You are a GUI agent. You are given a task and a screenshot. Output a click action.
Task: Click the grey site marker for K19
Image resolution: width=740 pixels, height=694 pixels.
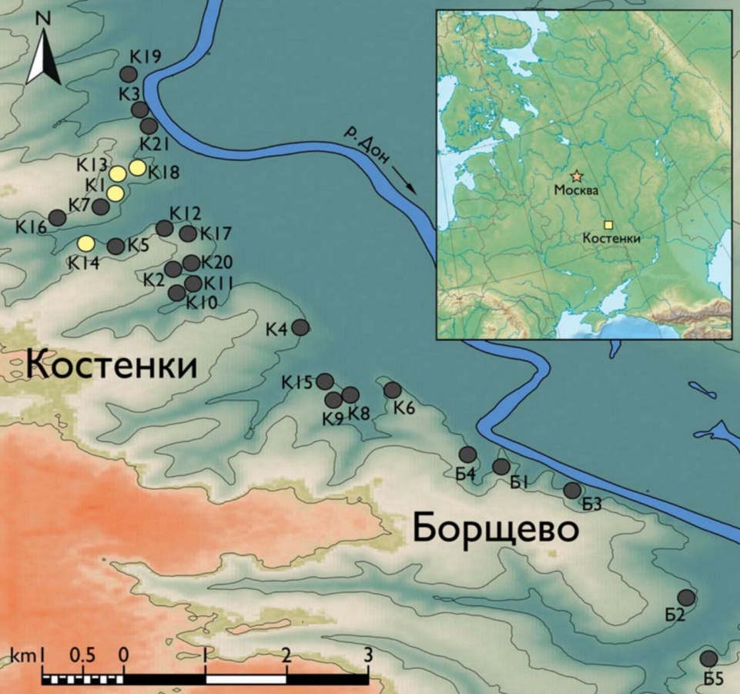[129, 74]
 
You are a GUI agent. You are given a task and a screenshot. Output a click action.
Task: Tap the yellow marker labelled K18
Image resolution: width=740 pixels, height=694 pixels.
[137, 167]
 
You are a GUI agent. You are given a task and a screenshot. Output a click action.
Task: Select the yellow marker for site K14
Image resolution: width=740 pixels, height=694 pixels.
[86, 243]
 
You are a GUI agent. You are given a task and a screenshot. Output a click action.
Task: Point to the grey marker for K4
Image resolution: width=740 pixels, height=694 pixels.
[300, 327]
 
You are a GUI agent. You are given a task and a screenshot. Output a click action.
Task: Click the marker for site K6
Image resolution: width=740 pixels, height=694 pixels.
[392, 390]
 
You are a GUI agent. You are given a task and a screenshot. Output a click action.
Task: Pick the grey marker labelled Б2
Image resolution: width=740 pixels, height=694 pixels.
[686, 598]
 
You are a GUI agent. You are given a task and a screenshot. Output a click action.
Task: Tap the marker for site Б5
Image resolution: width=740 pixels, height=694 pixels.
[708, 659]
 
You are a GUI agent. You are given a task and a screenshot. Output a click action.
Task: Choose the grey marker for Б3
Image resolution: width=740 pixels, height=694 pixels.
[572, 490]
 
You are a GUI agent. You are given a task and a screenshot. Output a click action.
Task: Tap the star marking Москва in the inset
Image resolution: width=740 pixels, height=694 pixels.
[576, 176]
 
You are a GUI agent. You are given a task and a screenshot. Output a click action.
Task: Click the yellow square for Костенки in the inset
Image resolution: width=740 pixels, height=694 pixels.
[608, 225]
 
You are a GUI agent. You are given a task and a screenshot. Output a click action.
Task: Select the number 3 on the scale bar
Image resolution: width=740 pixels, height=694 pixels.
[368, 656]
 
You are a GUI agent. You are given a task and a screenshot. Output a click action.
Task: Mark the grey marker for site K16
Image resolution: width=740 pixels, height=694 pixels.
[57, 217]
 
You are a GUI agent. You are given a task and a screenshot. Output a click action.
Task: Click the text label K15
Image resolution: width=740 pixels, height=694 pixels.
[296, 382]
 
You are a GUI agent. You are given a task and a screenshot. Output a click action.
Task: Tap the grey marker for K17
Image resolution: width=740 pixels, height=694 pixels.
[187, 233]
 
